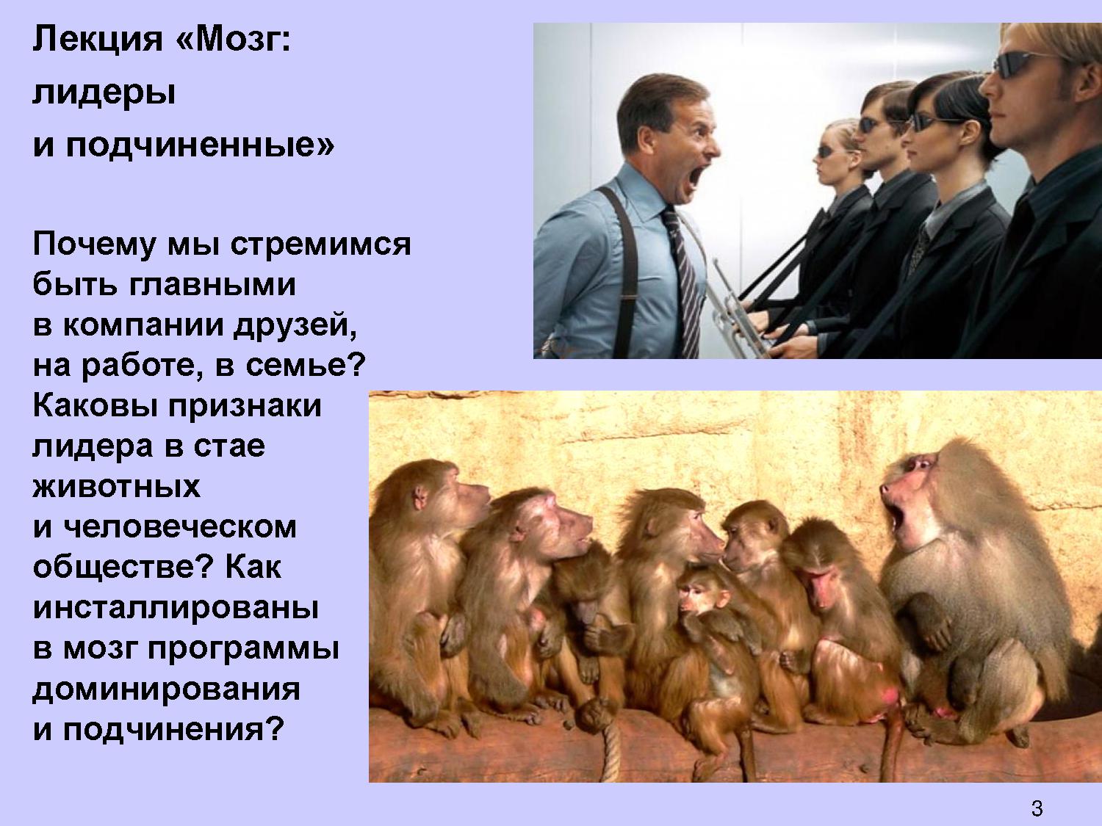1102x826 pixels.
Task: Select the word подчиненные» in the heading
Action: (x=200, y=146)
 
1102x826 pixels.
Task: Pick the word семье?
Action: (x=305, y=366)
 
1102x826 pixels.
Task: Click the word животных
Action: (x=117, y=487)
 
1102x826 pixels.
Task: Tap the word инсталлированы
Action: (x=176, y=609)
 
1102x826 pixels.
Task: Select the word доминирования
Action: (x=166, y=689)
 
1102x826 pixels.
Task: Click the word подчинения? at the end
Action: (x=173, y=730)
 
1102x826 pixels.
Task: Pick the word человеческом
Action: (x=181, y=527)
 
